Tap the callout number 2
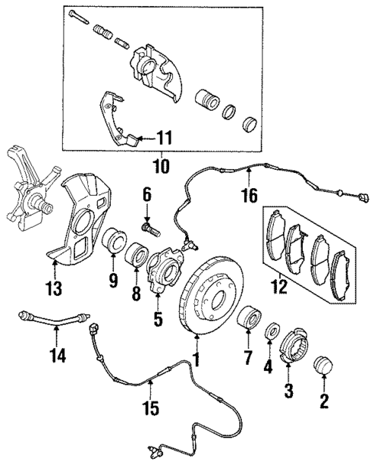tap(324, 401)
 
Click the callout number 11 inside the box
tap(164, 138)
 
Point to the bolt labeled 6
tap(149, 226)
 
